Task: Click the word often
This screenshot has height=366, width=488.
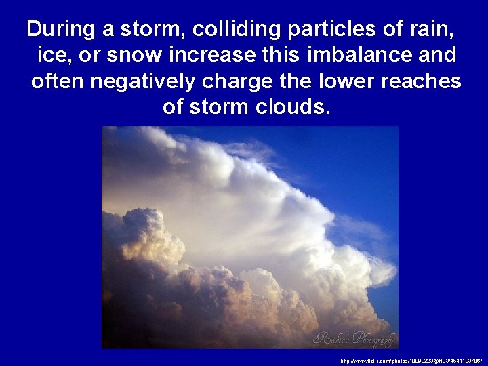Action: (x=58, y=81)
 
